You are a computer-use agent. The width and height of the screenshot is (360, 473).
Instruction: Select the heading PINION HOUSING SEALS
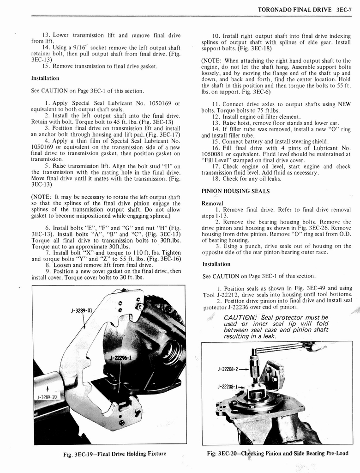click(235, 191)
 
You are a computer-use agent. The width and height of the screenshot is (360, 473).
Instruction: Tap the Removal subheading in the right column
click(212, 203)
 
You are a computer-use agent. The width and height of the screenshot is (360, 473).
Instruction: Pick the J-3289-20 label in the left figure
click(48, 397)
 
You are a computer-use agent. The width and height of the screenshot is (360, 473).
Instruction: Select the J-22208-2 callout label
click(228, 369)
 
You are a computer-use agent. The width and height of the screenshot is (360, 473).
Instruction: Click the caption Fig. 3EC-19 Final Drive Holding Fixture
click(114, 454)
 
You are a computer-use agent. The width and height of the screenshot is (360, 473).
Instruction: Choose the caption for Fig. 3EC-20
click(277, 453)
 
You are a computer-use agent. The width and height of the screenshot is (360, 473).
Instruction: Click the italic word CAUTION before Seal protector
click(240, 318)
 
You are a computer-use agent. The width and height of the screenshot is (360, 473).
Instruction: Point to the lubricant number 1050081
click(215, 154)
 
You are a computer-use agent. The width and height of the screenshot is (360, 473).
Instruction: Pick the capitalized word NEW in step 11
click(344, 104)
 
